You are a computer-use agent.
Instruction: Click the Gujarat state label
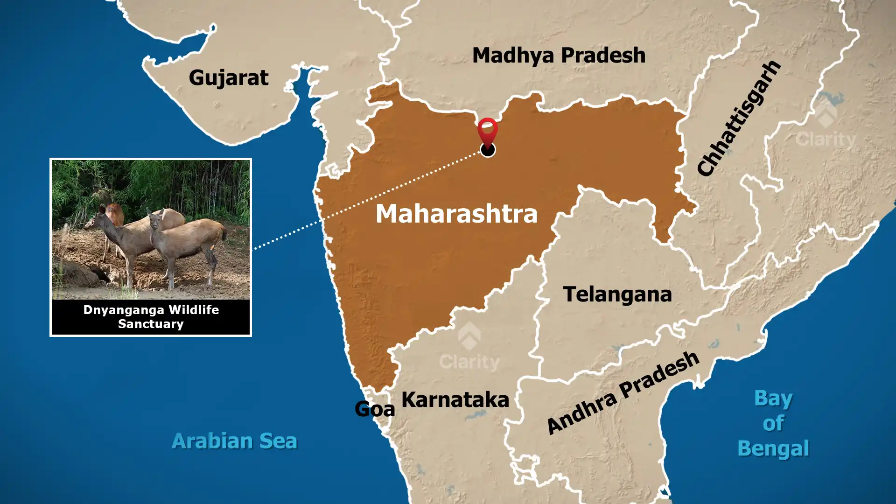[x=229, y=78]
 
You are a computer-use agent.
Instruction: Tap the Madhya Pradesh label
[x=559, y=56]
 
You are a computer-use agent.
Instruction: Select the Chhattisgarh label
[x=739, y=118]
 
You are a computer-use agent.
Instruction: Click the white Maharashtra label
[x=456, y=214]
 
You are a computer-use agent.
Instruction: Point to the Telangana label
[x=617, y=294]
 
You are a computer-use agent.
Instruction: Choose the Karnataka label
[x=455, y=400]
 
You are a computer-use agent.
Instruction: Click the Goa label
[x=375, y=409]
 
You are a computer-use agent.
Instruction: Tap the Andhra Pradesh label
[x=623, y=393]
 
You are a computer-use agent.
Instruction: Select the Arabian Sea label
[x=234, y=441]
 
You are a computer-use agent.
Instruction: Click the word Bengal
[x=773, y=448]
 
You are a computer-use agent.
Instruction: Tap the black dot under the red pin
[x=488, y=150]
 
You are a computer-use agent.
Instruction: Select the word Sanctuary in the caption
[x=151, y=324]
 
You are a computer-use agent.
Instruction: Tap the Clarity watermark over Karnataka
[x=469, y=361]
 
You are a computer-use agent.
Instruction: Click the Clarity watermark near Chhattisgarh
[x=826, y=139]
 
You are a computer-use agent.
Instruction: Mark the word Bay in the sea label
[x=773, y=399]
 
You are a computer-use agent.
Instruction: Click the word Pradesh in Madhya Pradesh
[x=603, y=56]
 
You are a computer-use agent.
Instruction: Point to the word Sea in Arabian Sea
[x=278, y=441]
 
